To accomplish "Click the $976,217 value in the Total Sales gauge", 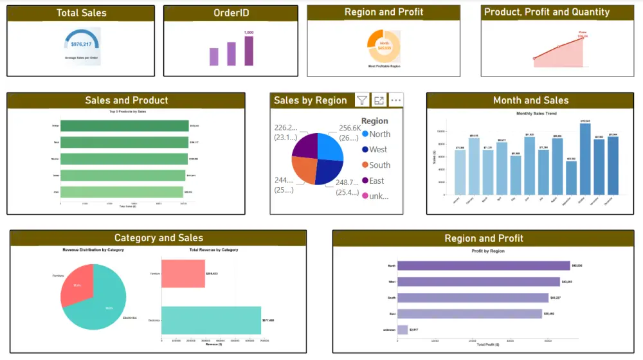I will pyautogui.click(x=81, y=44).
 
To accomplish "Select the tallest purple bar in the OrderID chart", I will pyautogui.click(x=248, y=51).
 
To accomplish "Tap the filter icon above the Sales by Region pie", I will pyautogui.click(x=362, y=100).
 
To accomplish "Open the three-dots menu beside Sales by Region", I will pyautogui.click(x=395, y=100).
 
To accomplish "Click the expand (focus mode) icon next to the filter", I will pyautogui.click(x=379, y=100).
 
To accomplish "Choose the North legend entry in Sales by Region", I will pyautogui.click(x=379, y=134).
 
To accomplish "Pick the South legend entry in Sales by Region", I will pyautogui.click(x=379, y=165).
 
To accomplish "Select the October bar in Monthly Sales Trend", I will pyautogui.click(x=585, y=158).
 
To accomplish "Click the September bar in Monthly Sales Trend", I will pyautogui.click(x=571, y=177).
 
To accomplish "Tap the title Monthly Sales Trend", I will pyautogui.click(x=536, y=114).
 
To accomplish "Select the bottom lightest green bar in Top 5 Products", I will pyautogui.click(x=122, y=192).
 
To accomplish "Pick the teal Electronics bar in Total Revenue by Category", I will pyautogui.click(x=211, y=319).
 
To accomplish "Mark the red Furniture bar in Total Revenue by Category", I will pyautogui.click(x=183, y=273).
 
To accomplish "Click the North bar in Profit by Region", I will pyautogui.click(x=483, y=265).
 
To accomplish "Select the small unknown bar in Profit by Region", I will pyautogui.click(x=403, y=330).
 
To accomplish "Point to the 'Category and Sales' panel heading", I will pyautogui.click(x=158, y=239).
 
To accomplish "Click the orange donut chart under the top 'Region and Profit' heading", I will pyautogui.click(x=384, y=46).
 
